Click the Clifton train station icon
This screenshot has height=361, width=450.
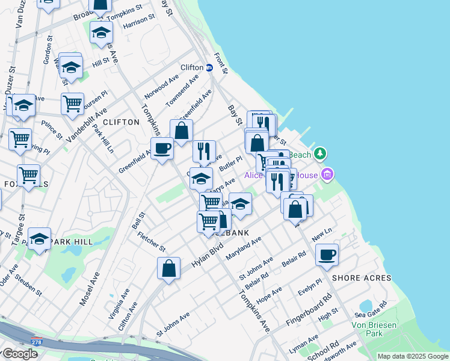tap(209, 68)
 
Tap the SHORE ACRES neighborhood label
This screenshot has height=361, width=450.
tap(362, 278)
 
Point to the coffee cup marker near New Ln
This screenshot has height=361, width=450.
tap(327, 255)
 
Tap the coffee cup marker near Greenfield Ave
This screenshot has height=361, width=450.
tap(162, 148)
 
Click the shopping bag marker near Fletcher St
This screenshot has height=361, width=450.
tap(169, 268)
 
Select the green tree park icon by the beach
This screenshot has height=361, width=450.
tap(321, 155)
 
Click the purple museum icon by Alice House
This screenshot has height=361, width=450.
tap(327, 175)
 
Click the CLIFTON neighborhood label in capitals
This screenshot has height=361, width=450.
tap(121, 122)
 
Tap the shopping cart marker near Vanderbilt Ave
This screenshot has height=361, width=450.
tap(72, 103)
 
